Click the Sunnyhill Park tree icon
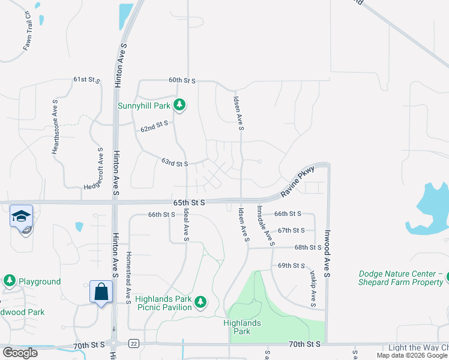(x=179, y=106)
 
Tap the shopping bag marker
(x=101, y=292)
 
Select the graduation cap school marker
(x=21, y=216)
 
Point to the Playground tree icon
(x=9, y=281)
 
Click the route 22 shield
(x=133, y=343)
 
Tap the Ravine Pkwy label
(x=298, y=179)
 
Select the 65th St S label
(x=190, y=203)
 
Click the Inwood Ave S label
(x=328, y=252)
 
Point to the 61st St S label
(x=85, y=79)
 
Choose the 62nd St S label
(x=154, y=126)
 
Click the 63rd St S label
(x=175, y=163)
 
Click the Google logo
(x=20, y=353)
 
